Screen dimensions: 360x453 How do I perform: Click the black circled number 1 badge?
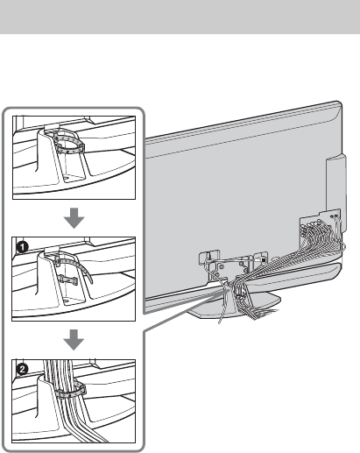tap(22, 247)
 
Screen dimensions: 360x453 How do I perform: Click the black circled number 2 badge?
tap(22, 370)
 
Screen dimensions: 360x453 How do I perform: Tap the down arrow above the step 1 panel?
tap(74, 218)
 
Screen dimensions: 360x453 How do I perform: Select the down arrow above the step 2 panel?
tap(74, 340)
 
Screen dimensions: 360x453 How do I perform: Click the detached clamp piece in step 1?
tap(67, 280)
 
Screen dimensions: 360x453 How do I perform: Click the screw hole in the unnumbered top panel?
tap(66, 177)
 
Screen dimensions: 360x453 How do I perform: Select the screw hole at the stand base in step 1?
tap(66, 300)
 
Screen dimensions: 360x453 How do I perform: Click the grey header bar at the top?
tap(180, 17)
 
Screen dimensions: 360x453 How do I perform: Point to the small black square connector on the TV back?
tap(264, 259)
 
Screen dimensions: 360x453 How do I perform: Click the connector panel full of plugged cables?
tap(320, 229)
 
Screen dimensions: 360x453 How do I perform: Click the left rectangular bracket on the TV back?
tap(209, 257)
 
